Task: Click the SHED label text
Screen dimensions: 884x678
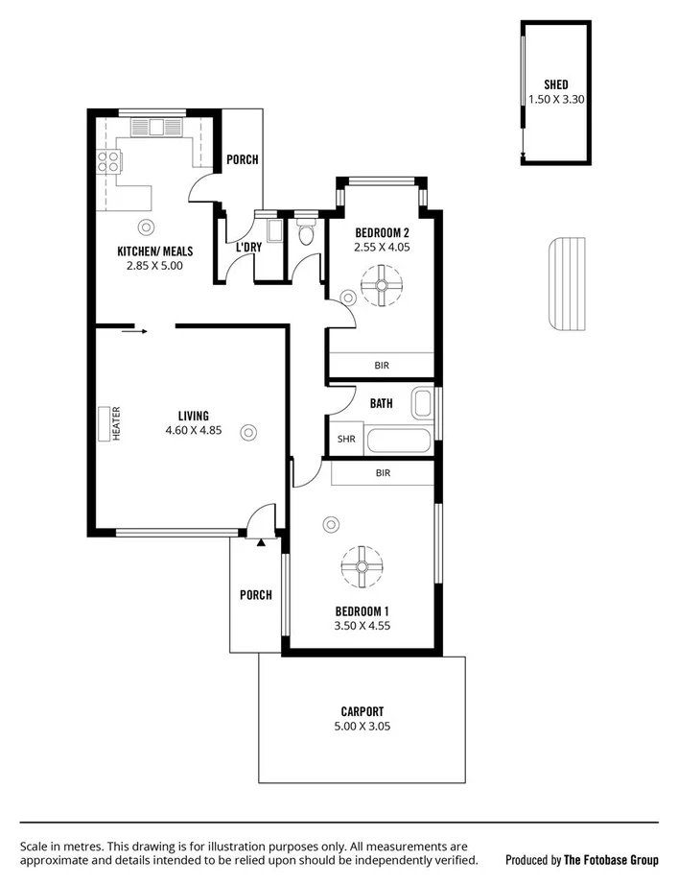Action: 555,84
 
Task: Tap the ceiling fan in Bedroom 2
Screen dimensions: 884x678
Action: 381,285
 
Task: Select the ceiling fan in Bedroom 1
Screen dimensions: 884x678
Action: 362,566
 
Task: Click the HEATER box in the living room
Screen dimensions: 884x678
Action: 104,423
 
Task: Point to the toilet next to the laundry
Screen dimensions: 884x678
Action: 306,233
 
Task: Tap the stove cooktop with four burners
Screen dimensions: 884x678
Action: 105,163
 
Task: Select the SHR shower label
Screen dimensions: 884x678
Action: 345,441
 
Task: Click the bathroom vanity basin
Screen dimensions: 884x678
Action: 423,403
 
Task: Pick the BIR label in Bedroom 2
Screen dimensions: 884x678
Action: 382,366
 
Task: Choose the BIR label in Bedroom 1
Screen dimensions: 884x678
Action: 383,473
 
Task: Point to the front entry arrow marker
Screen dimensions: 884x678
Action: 260,543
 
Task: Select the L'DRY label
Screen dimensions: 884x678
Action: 248,248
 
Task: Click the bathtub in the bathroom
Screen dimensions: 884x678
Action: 397,442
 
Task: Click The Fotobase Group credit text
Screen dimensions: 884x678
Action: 610,860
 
